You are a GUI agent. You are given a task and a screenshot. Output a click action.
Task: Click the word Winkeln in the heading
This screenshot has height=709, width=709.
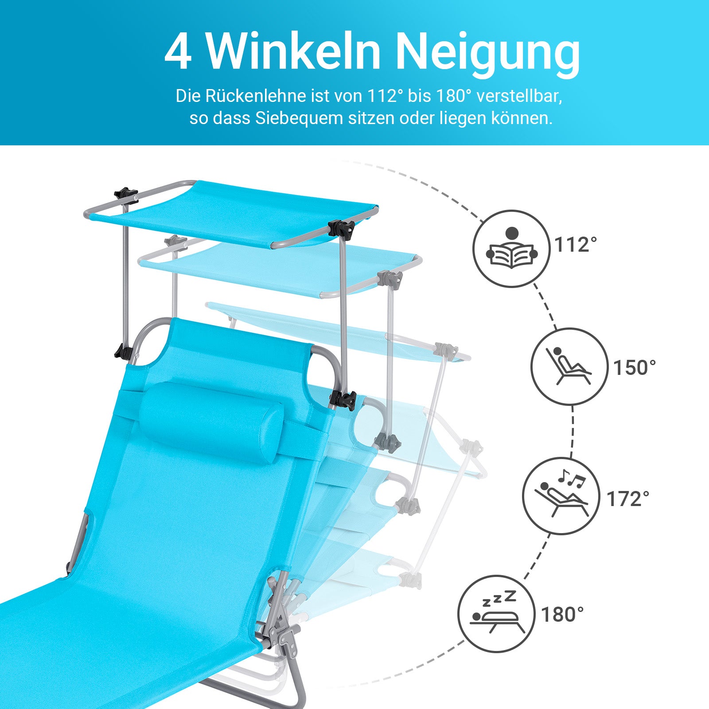point(293,51)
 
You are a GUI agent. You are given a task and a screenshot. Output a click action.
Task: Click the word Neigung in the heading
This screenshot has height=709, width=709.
point(487,53)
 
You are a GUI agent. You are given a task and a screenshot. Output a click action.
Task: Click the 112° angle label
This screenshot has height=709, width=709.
point(576,245)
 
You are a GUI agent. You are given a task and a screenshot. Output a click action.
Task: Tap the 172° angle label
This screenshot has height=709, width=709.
point(627,499)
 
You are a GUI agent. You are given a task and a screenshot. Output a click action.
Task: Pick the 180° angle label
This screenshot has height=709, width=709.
point(562,615)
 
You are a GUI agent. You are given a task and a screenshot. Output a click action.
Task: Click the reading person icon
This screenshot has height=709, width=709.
point(511,249)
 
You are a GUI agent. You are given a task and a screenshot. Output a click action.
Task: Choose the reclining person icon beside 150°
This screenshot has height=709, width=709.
point(569,366)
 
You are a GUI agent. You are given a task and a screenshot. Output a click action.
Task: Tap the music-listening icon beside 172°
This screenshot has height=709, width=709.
point(561,496)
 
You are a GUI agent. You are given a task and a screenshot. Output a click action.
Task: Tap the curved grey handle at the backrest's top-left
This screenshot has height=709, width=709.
point(148,337)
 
